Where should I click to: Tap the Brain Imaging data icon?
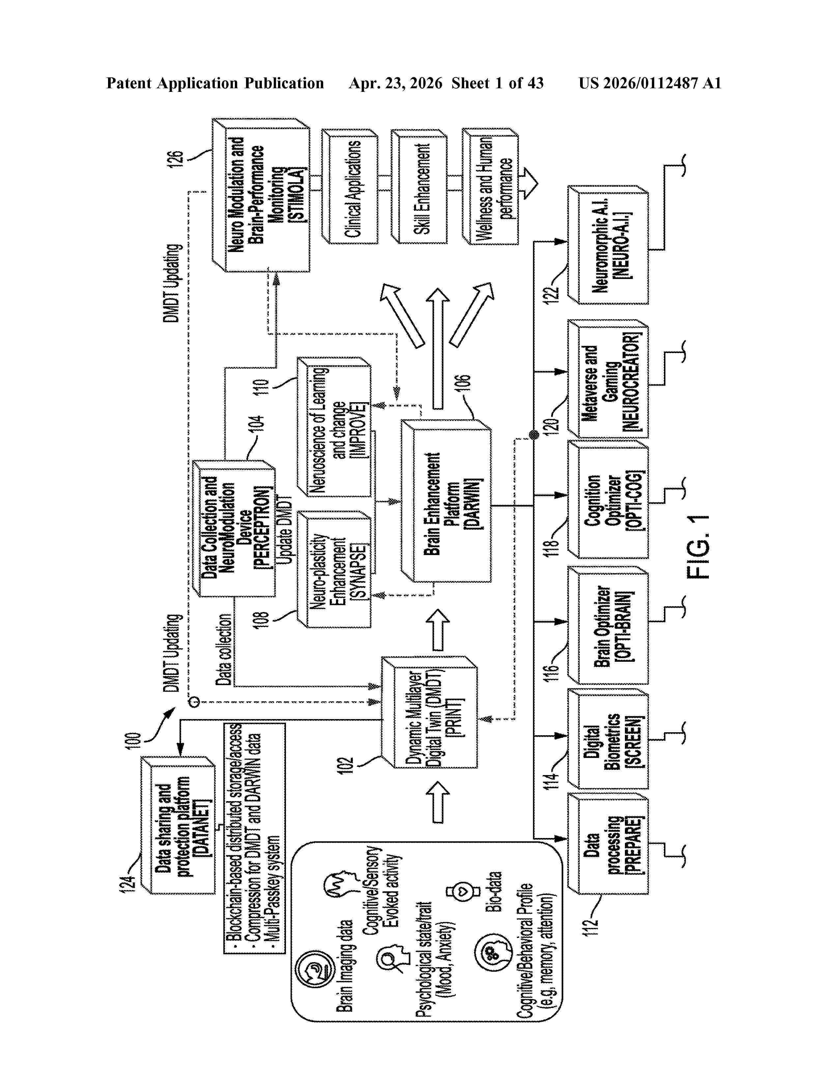tap(313, 970)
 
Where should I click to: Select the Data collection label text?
tap(223, 650)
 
